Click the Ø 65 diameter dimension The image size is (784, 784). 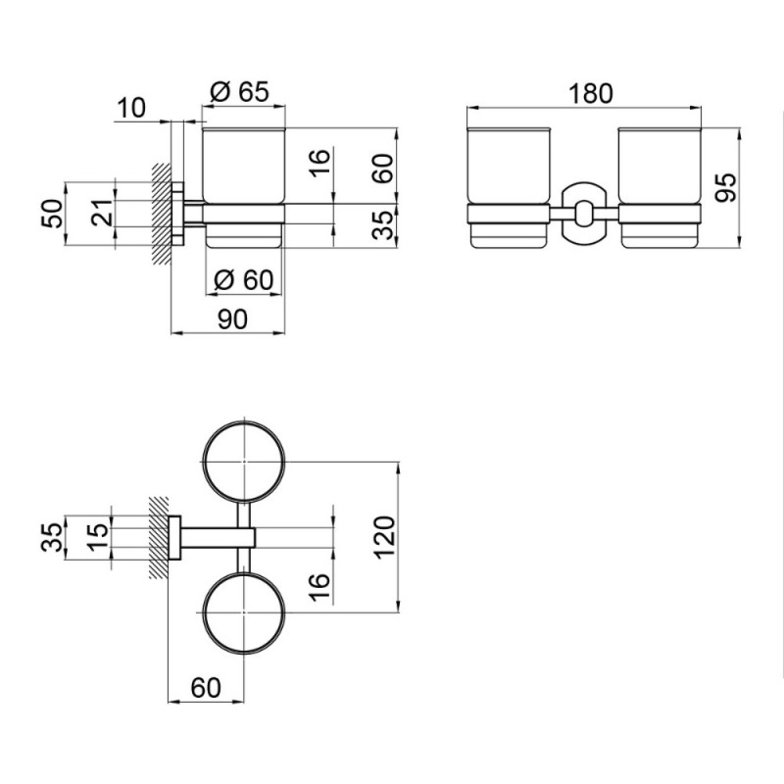239,91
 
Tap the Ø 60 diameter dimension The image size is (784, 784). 243,279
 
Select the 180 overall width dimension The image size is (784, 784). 590,93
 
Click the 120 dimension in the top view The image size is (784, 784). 384,536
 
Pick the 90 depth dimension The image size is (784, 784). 232,319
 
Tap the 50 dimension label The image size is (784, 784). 53,214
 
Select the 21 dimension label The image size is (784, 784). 103,213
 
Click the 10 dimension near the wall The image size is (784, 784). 131,108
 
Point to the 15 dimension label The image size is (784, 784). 98,536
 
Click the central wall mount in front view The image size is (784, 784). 584,214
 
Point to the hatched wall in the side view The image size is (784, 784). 162,214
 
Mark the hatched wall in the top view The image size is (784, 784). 159,537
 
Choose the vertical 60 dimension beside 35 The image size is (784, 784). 384,169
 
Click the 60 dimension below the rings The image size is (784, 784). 206,688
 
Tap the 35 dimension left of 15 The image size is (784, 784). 53,536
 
